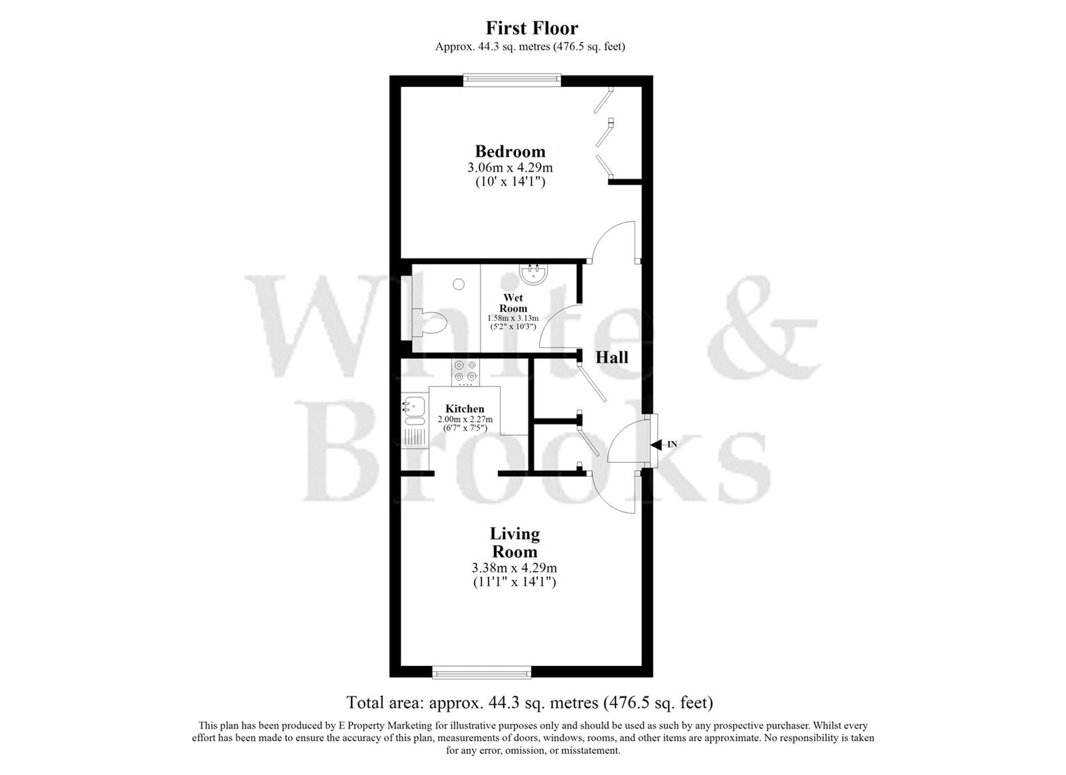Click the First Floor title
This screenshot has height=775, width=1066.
[531, 28]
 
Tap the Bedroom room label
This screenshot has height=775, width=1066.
[510, 151]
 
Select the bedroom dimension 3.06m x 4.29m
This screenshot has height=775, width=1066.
[510, 167]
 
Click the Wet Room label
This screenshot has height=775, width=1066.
[513, 303]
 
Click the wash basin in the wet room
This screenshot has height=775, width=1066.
[533, 274]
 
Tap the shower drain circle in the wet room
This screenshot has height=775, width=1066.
[458, 285]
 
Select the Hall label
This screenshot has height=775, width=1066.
[612, 357]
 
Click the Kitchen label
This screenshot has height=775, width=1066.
[465, 409]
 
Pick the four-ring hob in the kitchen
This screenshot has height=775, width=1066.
[465, 371]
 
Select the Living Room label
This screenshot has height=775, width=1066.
[514, 542]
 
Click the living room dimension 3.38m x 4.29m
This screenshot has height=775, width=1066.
[514, 568]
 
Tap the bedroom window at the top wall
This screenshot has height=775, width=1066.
[512, 80]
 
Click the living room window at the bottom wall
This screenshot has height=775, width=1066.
[482, 673]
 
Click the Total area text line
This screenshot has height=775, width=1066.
[529, 703]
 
